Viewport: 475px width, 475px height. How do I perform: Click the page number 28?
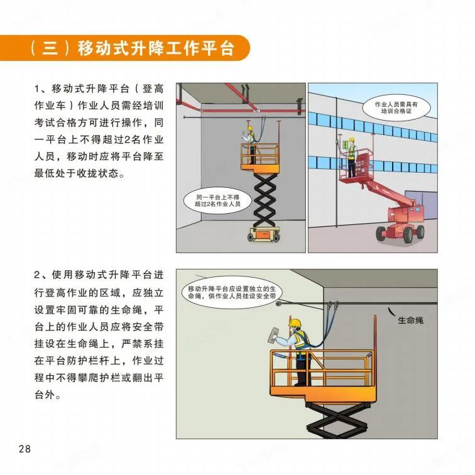pyautogui.click(x=25, y=449)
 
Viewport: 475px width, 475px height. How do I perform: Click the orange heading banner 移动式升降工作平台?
pyautogui.click(x=124, y=48)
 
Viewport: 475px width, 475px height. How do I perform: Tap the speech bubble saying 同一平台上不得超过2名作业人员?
pyautogui.click(x=217, y=200)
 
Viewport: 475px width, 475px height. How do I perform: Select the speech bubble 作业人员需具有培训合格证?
pyautogui.click(x=396, y=107)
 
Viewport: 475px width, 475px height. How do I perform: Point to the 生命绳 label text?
pyautogui.click(x=410, y=320)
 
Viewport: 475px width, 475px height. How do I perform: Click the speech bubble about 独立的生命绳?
pyautogui.click(x=232, y=292)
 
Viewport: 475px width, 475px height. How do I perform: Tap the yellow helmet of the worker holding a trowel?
pyautogui.click(x=295, y=322)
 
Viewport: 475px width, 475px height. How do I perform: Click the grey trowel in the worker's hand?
pyautogui.click(x=274, y=335)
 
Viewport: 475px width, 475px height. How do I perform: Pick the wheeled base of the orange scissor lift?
pyautogui.click(x=263, y=234)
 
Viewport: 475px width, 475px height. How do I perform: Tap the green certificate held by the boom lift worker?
pyautogui.click(x=345, y=145)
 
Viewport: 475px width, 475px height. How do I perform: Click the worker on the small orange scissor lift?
pyautogui.click(x=251, y=145)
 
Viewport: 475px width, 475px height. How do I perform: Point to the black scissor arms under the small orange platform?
pyautogui.click(x=265, y=200)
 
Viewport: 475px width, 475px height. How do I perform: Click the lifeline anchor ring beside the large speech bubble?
pyautogui.click(x=279, y=303)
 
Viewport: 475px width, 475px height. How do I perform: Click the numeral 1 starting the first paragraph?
pyautogui.click(x=37, y=89)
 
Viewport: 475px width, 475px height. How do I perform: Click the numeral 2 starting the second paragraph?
pyautogui.click(x=37, y=275)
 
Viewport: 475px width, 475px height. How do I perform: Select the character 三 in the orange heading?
pyautogui.click(x=50, y=48)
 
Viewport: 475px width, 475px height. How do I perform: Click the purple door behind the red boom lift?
pyautogui.click(x=422, y=204)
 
